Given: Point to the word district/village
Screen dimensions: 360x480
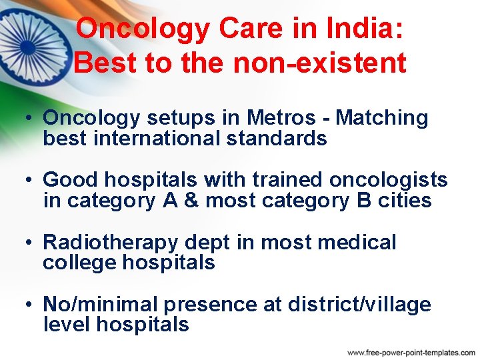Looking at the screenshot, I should pyautogui.click(x=359, y=305).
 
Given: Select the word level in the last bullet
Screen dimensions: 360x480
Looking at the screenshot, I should pyautogui.click(x=67, y=325).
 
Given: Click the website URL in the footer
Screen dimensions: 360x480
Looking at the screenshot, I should pyautogui.click(x=411, y=352).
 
